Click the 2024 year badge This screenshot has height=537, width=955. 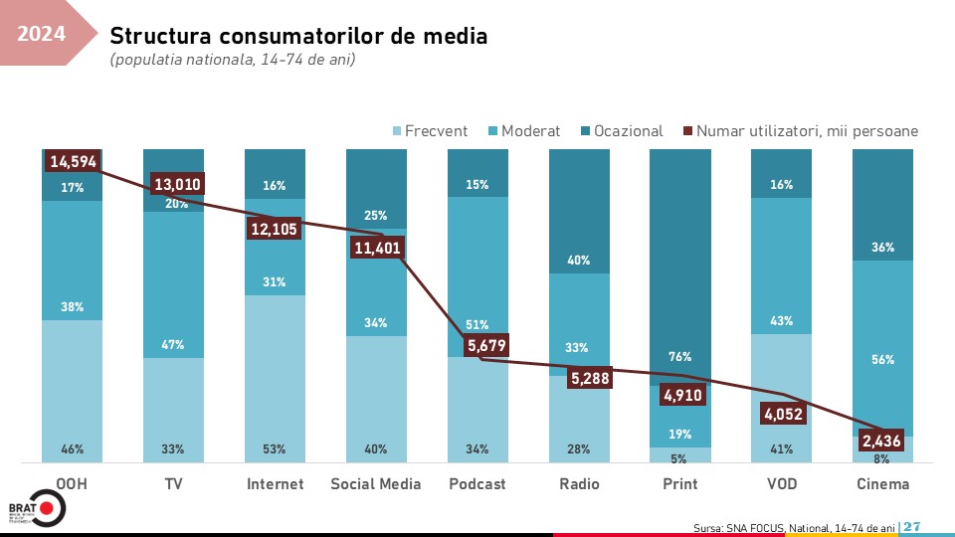pos(42,35)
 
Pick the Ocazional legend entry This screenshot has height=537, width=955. pos(622,130)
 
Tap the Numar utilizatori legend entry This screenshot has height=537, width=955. pos(800,130)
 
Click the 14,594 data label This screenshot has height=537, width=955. pos(73,161)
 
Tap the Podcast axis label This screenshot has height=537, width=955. pos(477,484)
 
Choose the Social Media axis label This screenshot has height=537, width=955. pos(376,484)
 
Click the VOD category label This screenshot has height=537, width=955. pos(781,484)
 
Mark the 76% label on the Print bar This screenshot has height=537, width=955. pos(680,356)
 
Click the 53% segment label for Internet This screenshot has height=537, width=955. pos(275,449)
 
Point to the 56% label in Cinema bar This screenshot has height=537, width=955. pos(883,360)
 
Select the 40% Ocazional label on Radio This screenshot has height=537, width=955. pos(579,261)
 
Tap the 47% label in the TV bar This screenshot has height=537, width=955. pos(173,345)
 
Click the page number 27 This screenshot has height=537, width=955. pos(912,526)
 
